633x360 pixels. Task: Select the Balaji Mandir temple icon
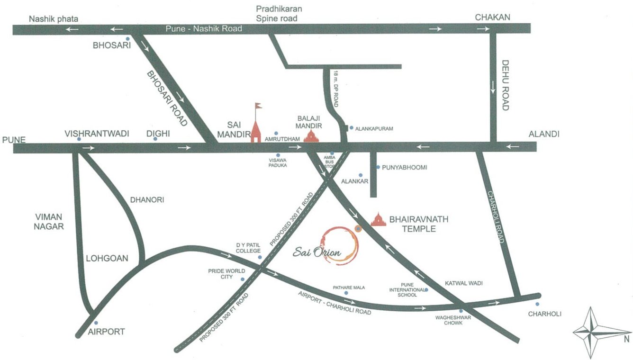coord(311,136)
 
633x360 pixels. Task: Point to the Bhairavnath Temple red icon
coord(379,219)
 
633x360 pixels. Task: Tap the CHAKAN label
coord(493,18)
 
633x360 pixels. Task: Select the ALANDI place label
coord(544,135)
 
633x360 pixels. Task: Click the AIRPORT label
coord(106,332)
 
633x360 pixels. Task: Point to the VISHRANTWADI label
coord(97,134)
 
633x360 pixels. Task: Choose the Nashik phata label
coord(54,19)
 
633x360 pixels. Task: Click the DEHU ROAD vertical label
coord(505,85)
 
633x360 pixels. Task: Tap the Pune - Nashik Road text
coord(204,29)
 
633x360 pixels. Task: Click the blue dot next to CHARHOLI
coord(537,304)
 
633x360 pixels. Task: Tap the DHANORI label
coord(147,200)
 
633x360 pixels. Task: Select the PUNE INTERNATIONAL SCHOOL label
coord(404,289)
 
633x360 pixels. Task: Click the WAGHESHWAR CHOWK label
coord(454,320)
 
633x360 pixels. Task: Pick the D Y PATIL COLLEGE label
coord(249,248)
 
